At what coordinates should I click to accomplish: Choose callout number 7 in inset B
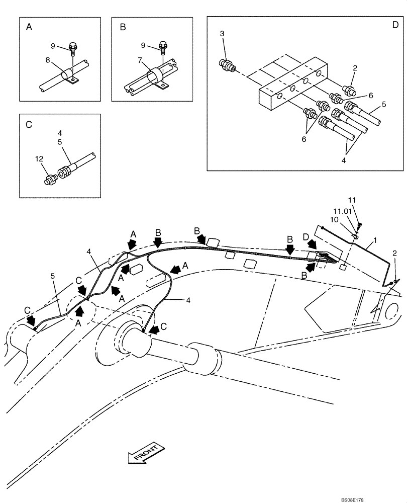point(140,60)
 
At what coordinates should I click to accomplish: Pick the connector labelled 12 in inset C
point(51,180)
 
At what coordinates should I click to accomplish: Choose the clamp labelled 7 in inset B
point(154,78)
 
